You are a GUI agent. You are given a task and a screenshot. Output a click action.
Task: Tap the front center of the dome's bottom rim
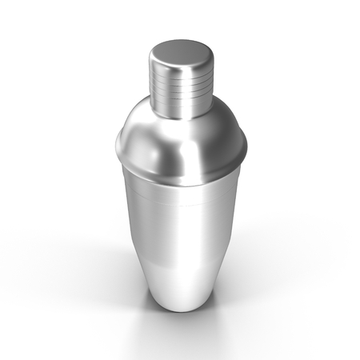[x=181, y=177]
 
